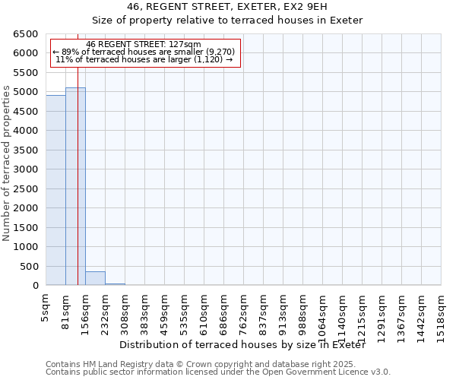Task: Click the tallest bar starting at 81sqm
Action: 75,186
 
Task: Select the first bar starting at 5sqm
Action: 55,190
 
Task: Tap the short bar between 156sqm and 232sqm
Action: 95,278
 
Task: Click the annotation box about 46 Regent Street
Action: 144,52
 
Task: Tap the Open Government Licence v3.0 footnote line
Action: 218,372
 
